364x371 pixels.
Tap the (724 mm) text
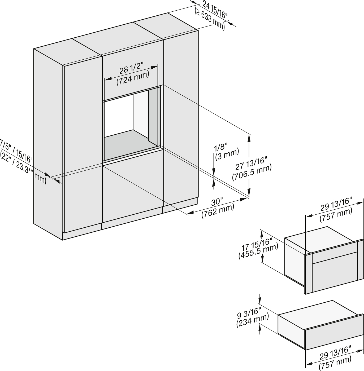click(x=133, y=78)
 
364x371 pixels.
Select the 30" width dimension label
click(x=217, y=202)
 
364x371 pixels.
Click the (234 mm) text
click(x=252, y=320)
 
